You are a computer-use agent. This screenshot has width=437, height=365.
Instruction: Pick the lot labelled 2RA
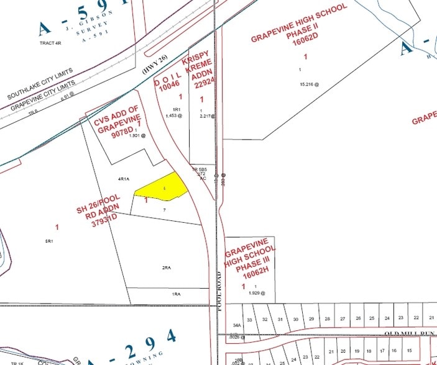167,268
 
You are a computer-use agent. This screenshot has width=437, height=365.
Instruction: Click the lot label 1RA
177,294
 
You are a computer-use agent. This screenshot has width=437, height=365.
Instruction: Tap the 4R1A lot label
123,179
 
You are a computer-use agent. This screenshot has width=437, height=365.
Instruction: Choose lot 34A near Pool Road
237,325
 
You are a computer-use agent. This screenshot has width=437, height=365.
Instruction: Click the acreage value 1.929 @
255,292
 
